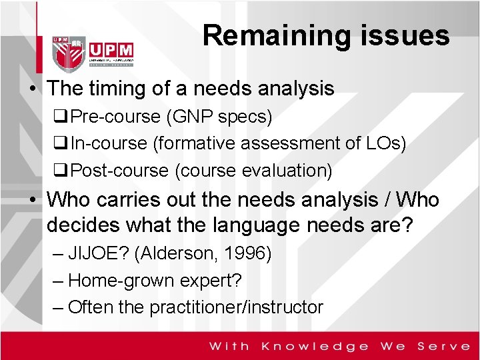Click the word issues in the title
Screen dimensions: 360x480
point(410,35)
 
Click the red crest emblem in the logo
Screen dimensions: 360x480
point(70,51)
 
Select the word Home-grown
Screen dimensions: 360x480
point(115,281)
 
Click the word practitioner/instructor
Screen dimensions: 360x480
point(236,307)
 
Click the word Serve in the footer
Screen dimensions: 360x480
point(444,346)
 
